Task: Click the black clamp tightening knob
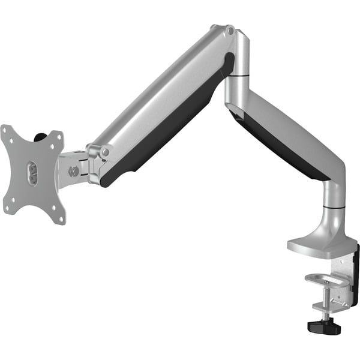coord(324,326)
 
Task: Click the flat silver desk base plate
coord(318,245)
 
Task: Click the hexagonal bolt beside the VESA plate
coord(74,171)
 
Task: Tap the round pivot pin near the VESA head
coord(106,152)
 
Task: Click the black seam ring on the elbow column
coord(241,76)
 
